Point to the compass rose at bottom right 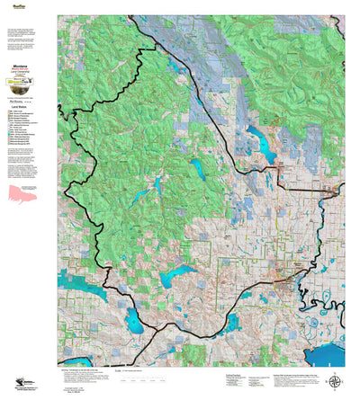tap(336, 381)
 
